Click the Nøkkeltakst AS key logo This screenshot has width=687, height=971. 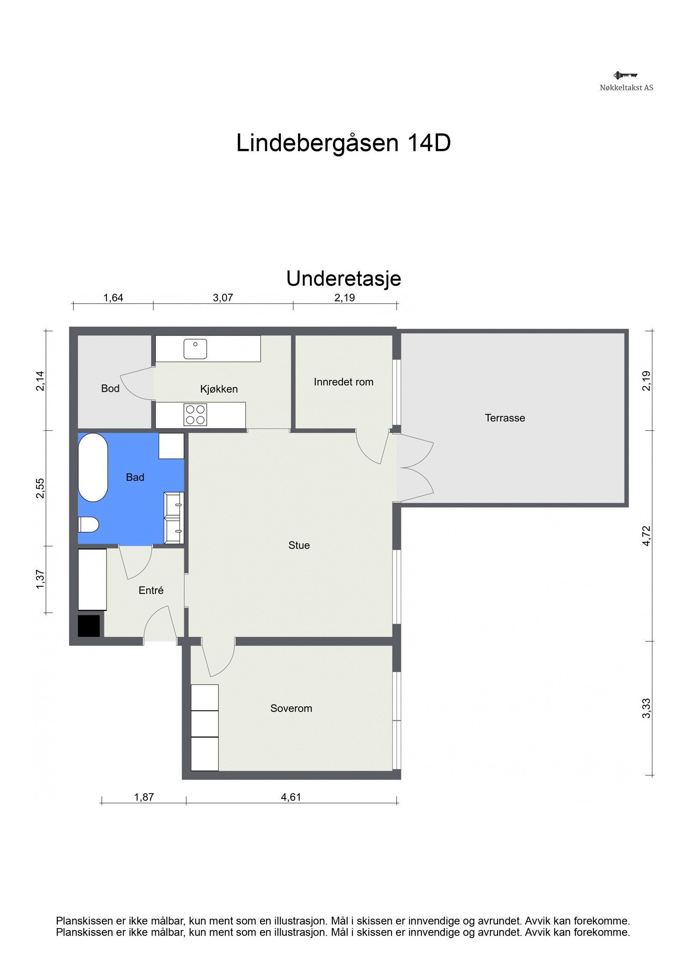(x=625, y=76)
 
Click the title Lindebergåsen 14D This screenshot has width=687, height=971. (x=343, y=143)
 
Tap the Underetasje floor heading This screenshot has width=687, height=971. (x=343, y=278)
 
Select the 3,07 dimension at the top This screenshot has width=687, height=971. (x=222, y=298)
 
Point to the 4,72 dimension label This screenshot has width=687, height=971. (x=646, y=535)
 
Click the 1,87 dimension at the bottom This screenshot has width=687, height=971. (x=143, y=797)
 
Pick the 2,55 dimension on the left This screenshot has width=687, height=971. (x=40, y=488)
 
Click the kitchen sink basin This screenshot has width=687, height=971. (x=195, y=349)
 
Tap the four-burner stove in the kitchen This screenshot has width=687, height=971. (x=195, y=414)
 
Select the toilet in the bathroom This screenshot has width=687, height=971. (x=89, y=524)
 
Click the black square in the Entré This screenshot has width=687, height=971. (x=88, y=626)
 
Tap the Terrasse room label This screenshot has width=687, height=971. (x=505, y=418)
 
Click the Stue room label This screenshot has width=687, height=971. (x=299, y=545)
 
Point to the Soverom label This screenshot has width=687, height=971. (x=291, y=708)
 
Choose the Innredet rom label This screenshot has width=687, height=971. (x=343, y=382)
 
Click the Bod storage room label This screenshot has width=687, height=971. (x=110, y=388)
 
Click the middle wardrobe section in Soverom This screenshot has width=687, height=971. (x=204, y=724)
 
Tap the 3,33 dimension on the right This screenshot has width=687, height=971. (x=646, y=708)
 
